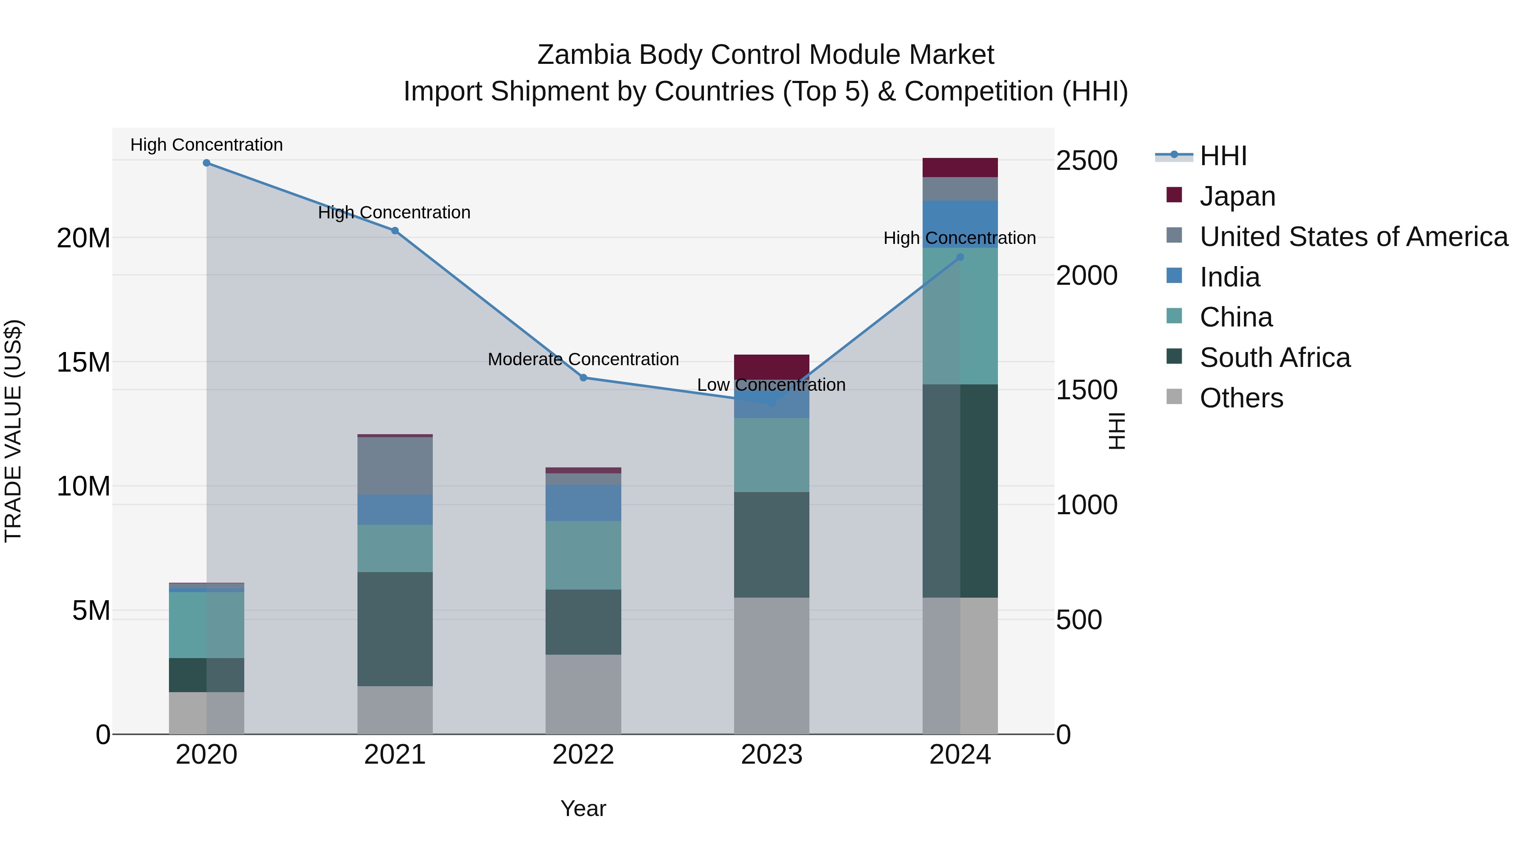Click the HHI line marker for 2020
[206, 163]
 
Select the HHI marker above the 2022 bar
[583, 378]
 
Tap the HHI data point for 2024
[960, 257]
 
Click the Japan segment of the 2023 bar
[772, 365]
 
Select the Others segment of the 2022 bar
[583, 694]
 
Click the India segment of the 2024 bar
[960, 223]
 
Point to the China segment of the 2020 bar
[206, 624]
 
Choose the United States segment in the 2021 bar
[395, 466]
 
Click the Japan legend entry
[1237, 196]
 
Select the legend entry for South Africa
[1275, 358]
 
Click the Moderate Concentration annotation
[583, 359]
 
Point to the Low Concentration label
[772, 385]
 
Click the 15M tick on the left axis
[83, 362]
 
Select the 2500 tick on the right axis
[1086, 160]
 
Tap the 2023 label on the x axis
[772, 755]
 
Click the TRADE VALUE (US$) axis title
[13, 431]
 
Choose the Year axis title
[583, 808]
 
